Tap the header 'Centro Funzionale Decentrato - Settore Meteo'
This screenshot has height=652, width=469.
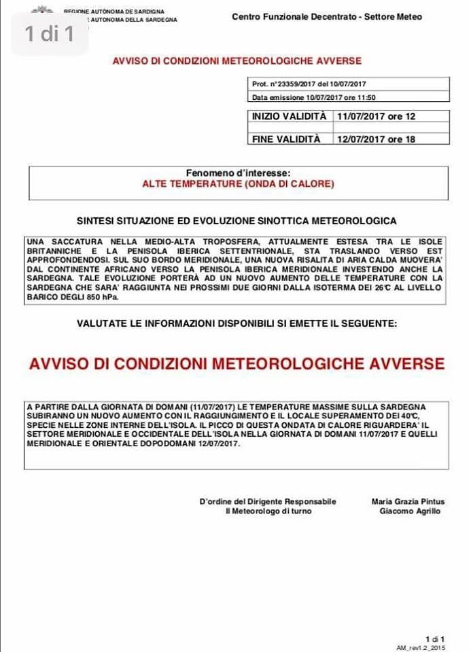coord(326,17)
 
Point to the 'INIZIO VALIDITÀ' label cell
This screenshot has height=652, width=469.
coord(290,117)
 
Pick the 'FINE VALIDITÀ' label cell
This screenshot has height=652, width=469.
coord(285,139)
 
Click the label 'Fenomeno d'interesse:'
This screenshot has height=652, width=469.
coord(238,173)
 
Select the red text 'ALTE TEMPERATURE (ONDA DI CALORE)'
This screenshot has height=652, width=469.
coord(238,183)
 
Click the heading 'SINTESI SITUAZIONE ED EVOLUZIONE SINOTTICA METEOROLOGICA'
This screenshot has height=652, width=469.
coord(237,221)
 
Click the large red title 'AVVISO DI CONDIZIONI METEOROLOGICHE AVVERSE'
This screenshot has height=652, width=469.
coord(237,363)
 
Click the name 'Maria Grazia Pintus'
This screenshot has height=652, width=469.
coord(408,502)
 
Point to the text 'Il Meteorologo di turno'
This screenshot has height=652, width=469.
coord(268,511)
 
